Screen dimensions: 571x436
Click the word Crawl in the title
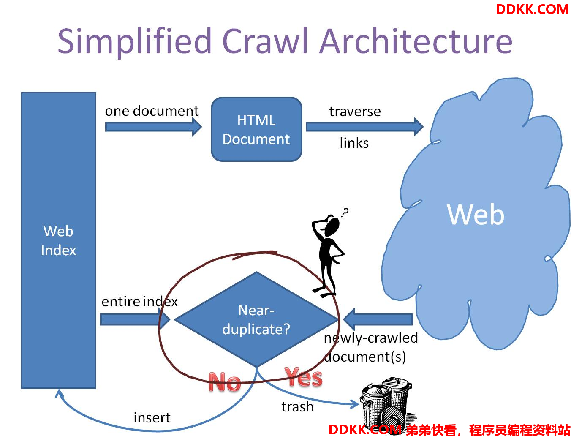click(x=265, y=41)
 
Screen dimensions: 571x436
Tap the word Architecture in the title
click(x=416, y=41)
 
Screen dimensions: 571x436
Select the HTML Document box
click(x=256, y=129)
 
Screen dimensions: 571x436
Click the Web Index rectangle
click(x=58, y=240)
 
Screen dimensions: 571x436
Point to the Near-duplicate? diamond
click(x=256, y=319)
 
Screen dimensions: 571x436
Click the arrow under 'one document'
click(x=153, y=127)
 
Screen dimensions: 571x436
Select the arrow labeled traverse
click(x=364, y=127)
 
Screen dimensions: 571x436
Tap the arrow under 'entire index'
click(x=135, y=319)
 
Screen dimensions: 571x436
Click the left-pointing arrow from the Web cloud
click(x=378, y=319)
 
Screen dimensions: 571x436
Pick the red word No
click(x=225, y=381)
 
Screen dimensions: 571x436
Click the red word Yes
click(x=303, y=377)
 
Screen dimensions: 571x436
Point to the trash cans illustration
click(x=387, y=406)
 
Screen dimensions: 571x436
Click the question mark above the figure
click(x=345, y=213)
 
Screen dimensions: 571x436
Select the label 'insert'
click(x=152, y=418)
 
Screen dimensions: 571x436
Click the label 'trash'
click(x=297, y=407)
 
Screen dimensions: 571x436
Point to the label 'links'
click(x=354, y=143)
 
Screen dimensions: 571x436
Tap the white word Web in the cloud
click(x=476, y=214)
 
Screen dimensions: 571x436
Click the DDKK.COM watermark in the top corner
click(x=532, y=9)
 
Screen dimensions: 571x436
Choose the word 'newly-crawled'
click(x=371, y=338)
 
